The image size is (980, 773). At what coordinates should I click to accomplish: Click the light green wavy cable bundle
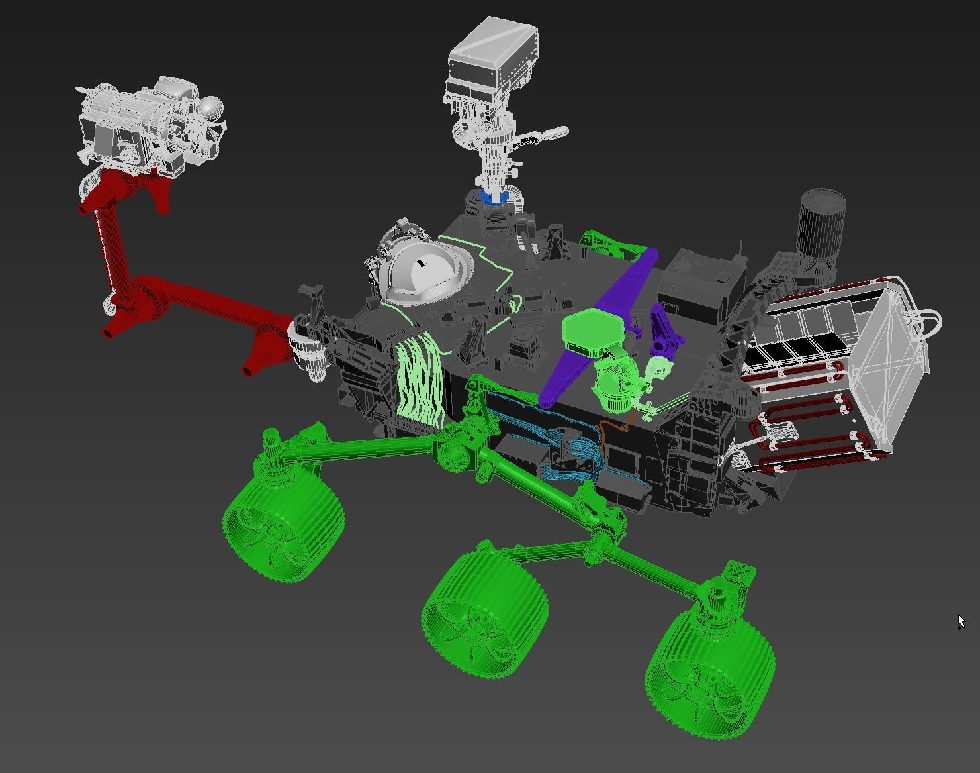point(419,381)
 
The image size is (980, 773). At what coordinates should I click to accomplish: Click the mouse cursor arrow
point(961,621)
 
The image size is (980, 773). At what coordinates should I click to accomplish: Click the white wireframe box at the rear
point(887,351)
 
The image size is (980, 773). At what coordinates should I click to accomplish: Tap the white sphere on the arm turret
point(211,107)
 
